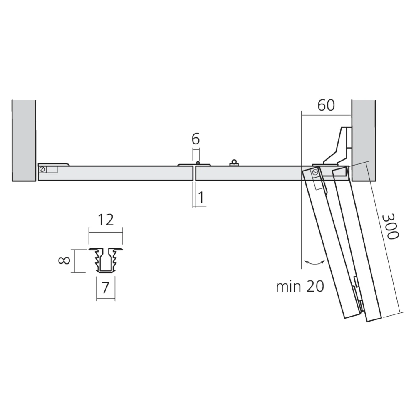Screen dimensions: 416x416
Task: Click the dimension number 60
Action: point(326,106)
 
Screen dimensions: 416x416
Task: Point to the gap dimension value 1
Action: point(201,198)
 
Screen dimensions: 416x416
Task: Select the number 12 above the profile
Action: point(106,219)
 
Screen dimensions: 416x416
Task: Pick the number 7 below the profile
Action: point(106,287)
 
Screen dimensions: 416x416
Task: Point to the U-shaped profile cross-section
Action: point(106,260)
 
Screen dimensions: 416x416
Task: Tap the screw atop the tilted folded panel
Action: point(315,171)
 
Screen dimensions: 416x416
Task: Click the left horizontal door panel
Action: point(116,173)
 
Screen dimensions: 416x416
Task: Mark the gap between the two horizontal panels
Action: point(194,173)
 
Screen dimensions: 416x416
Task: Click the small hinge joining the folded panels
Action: point(358,291)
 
